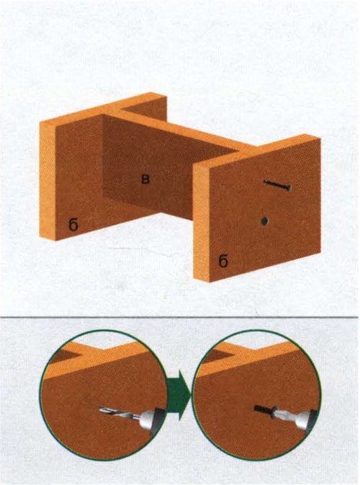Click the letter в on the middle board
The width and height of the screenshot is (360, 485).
[145, 179]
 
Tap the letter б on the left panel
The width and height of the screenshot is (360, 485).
[73, 225]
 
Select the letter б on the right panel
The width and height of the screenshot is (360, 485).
[223, 261]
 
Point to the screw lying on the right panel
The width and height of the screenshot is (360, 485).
[277, 185]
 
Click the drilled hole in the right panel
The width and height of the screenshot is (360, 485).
[264, 221]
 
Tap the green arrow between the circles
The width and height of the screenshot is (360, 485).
[179, 393]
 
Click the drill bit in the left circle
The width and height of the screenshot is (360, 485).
[115, 412]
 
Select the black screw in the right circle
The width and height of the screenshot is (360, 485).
[263, 411]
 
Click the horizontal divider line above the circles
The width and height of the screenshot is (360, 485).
[179, 317]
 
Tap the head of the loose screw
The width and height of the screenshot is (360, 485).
[288, 187]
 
